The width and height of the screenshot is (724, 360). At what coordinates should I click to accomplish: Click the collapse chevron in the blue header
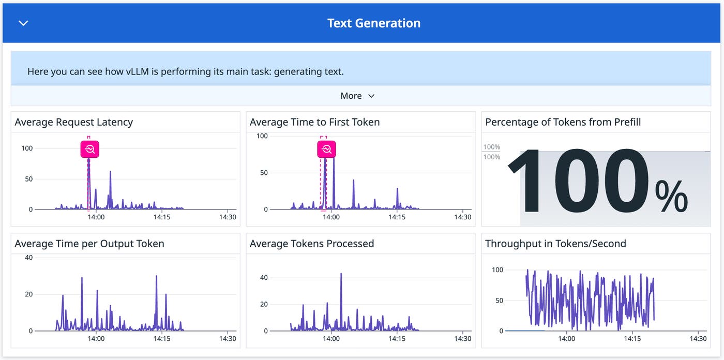point(23,23)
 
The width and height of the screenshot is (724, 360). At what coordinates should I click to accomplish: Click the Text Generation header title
point(373,23)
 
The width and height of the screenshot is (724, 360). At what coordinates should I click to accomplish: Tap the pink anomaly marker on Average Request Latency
point(89,149)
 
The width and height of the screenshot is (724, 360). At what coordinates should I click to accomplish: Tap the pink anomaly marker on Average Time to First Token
point(326,149)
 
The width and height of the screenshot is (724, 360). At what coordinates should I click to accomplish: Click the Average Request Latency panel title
point(74,122)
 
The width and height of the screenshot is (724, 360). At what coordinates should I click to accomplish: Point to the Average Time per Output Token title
point(89,244)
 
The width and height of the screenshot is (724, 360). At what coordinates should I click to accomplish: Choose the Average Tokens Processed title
point(311,244)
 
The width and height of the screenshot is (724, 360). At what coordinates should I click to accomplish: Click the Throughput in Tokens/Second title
point(555,244)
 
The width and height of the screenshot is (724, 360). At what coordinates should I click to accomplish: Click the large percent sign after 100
point(671,197)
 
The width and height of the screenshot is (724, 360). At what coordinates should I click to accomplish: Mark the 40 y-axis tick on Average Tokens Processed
point(264,278)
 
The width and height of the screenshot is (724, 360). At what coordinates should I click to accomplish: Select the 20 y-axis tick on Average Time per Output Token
point(28,294)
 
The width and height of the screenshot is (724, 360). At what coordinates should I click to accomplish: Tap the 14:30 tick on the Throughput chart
point(698,339)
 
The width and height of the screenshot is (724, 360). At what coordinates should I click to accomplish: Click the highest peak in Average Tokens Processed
point(341,274)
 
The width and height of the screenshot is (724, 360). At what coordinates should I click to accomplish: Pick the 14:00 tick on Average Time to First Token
point(331,217)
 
